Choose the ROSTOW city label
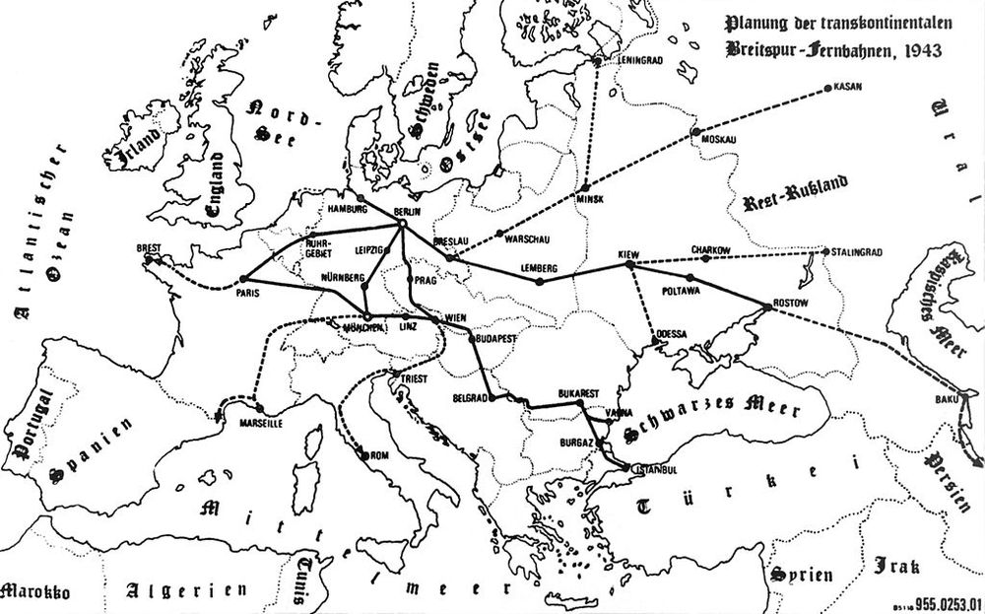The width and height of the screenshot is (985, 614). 787,301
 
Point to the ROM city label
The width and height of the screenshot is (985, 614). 380,455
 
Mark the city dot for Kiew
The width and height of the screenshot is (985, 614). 629,265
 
